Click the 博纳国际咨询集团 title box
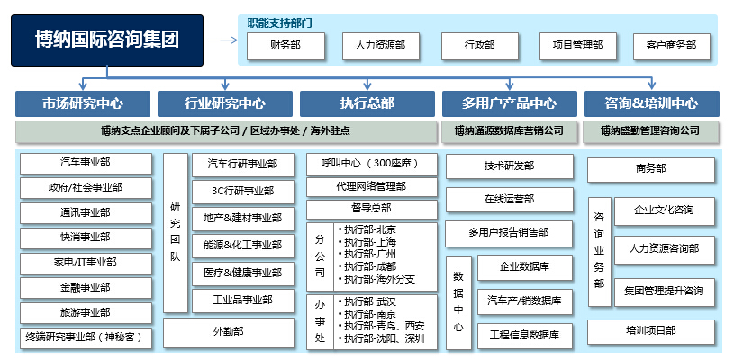pyautogui.click(x=107, y=40)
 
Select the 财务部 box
pyautogui.click(x=285, y=46)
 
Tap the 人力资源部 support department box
pyautogui.click(x=381, y=46)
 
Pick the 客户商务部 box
pyautogui.click(x=672, y=46)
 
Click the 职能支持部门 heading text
pyautogui.click(x=280, y=22)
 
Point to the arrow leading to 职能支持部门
pyautogui.click(x=221, y=40)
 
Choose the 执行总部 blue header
pyautogui.click(x=367, y=103)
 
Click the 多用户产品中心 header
pyautogui.click(x=510, y=103)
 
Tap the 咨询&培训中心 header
pyautogui.click(x=652, y=103)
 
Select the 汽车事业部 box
pyautogui.click(x=86, y=164)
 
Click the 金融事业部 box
pyautogui.click(x=86, y=288)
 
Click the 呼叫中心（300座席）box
pyautogui.click(x=372, y=165)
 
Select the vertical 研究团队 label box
pyautogui.click(x=176, y=233)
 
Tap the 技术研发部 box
pyautogui.click(x=510, y=166)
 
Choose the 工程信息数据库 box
pyautogui.click(x=525, y=336)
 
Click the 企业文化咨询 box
pyautogui.click(x=665, y=211)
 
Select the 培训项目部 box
pyautogui.click(x=651, y=332)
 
